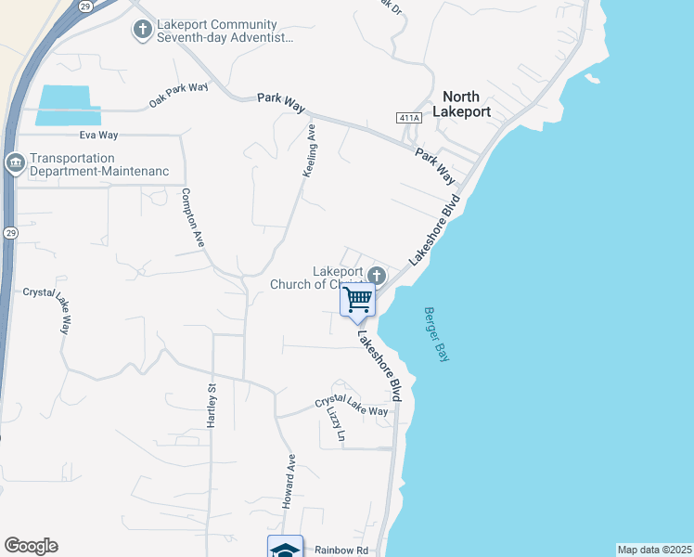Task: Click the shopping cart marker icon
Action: coord(358,300)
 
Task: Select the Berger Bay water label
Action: coord(435,334)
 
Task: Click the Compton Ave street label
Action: coord(192,216)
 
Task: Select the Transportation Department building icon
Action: coord(15,164)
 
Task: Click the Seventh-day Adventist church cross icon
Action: coord(142,31)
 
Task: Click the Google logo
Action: coord(31,546)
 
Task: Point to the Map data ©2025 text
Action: coord(654,550)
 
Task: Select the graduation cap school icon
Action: coord(285,549)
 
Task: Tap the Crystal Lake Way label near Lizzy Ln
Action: coord(352,405)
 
